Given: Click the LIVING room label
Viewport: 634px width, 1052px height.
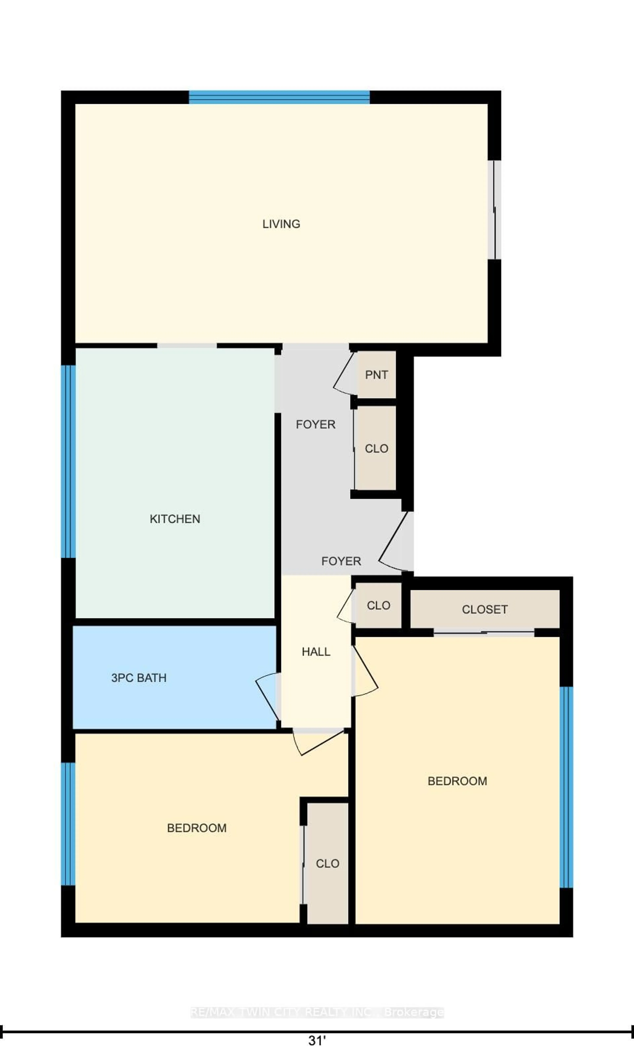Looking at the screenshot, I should (x=281, y=224).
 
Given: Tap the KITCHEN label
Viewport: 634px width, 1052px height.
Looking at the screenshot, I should (x=175, y=519).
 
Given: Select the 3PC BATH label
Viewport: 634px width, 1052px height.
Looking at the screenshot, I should (x=139, y=678).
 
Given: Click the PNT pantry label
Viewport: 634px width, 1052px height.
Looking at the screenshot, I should (x=376, y=375).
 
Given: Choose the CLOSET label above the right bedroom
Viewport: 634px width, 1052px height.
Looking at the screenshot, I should (x=484, y=609).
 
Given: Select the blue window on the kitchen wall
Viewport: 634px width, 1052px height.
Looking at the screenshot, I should (x=68, y=461).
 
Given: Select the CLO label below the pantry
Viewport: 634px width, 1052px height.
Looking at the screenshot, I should (x=376, y=448).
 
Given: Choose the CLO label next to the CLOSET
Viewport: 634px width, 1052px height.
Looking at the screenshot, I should (x=379, y=605).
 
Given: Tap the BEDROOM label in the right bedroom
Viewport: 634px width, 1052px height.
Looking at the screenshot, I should (x=457, y=781).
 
